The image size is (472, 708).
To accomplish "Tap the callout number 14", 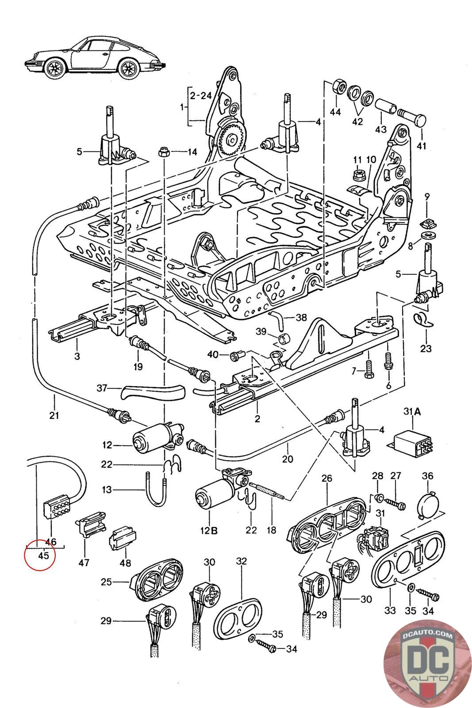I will coord(192,152).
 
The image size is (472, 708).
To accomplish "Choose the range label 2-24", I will coord(198,95).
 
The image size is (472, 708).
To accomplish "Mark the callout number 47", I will coord(84,563).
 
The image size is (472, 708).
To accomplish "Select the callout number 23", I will coord(426,348).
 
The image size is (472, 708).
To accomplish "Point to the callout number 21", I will coord(55,415).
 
